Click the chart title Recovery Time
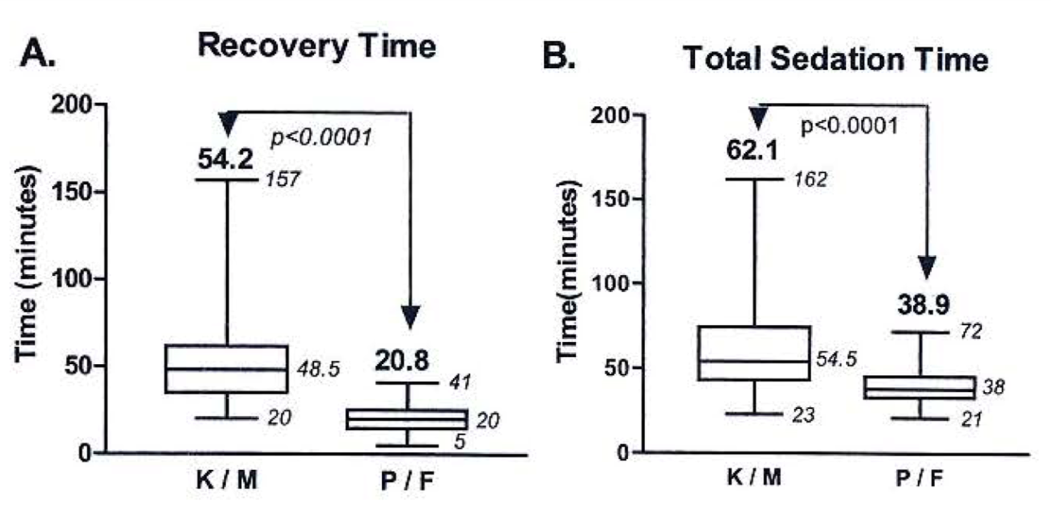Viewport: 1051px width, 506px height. tap(316, 46)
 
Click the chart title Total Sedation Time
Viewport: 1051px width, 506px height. tap(836, 59)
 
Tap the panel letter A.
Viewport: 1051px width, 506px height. tap(38, 54)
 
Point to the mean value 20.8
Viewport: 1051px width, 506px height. tap(402, 361)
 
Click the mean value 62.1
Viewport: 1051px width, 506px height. tap(752, 150)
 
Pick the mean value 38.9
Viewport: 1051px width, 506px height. tap(924, 305)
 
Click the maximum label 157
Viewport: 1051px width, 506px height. tap(283, 180)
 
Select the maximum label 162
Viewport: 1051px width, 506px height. tap(810, 180)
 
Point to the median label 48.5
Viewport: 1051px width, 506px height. tap(317, 370)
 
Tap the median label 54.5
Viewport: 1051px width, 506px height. tap(836, 359)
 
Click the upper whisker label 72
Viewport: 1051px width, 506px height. tap(971, 332)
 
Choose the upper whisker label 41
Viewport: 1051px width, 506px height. tap(460, 382)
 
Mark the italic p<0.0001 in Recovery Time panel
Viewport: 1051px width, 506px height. tap(321, 137)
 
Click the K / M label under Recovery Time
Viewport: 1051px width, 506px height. tap(226, 480)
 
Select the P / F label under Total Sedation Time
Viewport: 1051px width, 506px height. tap(919, 478)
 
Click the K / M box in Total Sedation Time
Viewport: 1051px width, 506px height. tap(754, 353)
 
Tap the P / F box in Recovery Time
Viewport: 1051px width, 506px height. tap(406, 419)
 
